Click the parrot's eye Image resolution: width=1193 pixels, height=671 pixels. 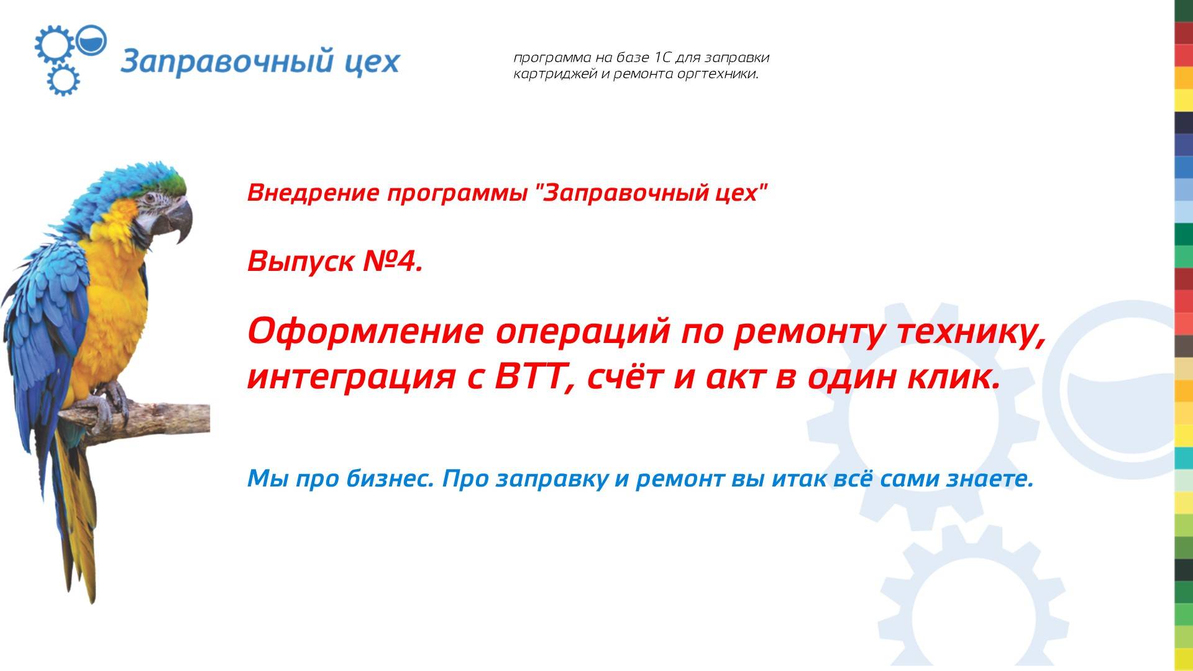click(150, 199)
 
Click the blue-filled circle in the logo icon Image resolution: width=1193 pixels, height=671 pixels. click(94, 39)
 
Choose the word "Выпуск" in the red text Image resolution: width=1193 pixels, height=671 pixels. click(300, 262)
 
